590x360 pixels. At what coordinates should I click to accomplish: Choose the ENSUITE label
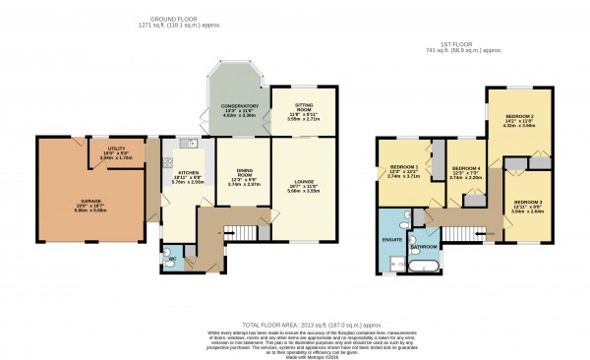[x=391, y=238]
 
